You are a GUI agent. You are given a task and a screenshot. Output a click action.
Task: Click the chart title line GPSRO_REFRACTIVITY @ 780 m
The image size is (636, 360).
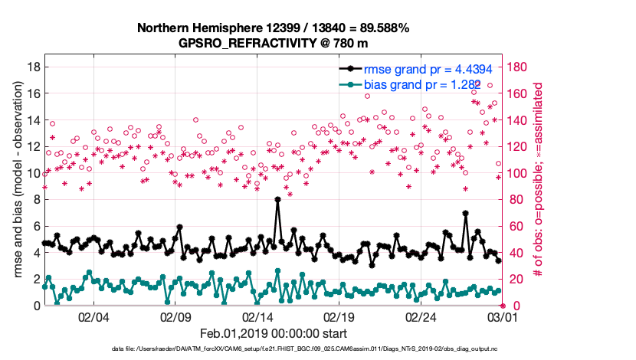273,42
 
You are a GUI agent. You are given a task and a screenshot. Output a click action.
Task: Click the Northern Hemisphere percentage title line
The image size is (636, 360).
273,28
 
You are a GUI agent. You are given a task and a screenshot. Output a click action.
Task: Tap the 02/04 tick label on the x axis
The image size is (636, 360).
93,316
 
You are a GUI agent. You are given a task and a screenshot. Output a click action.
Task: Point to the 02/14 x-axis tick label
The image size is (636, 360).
257,316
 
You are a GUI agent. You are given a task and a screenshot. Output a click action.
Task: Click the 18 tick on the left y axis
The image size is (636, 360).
33,67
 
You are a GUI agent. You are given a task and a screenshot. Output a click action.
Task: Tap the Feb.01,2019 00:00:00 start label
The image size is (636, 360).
273,333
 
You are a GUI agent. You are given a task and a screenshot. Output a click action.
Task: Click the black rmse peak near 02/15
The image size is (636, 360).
277,199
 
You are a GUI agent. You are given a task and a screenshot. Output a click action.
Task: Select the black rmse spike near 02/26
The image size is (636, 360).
465,213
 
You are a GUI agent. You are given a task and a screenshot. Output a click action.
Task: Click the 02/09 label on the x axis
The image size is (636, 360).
175,316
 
